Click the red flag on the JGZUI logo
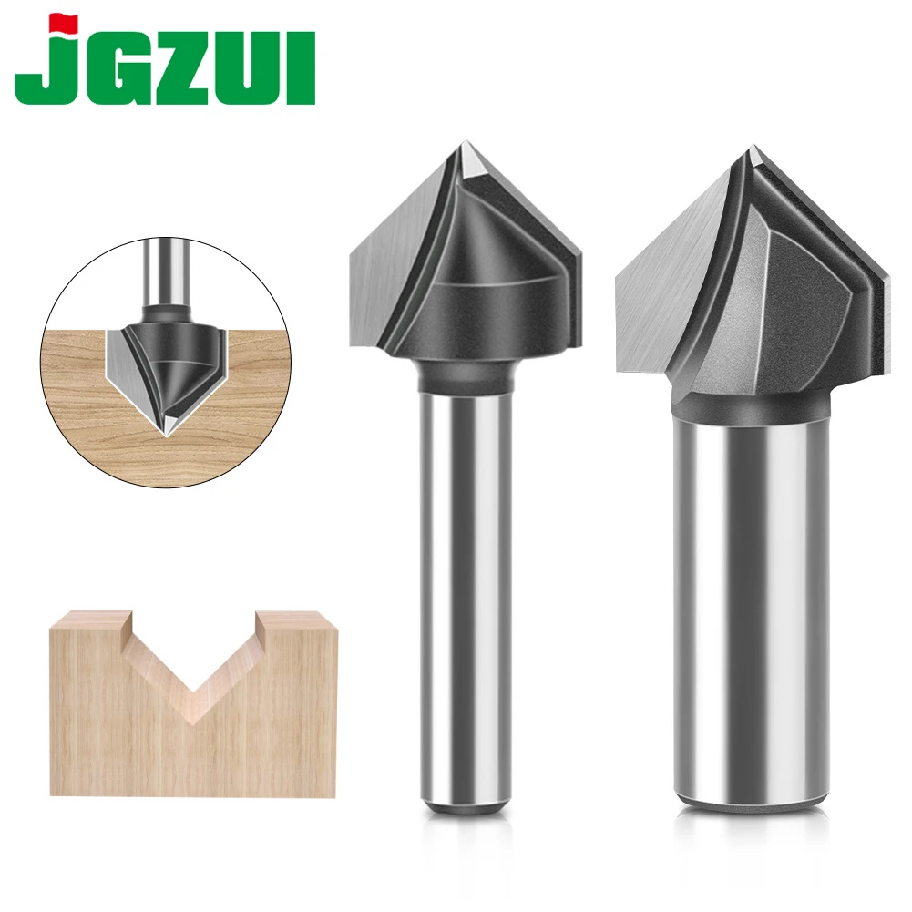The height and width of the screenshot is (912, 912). [63, 23]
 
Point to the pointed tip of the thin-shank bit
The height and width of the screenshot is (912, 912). [465, 141]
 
